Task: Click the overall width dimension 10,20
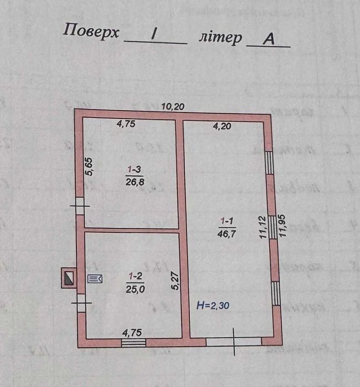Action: point(173,106)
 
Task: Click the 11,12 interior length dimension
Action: point(263,227)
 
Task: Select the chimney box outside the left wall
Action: point(68,277)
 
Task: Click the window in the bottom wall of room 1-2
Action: point(133,343)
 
